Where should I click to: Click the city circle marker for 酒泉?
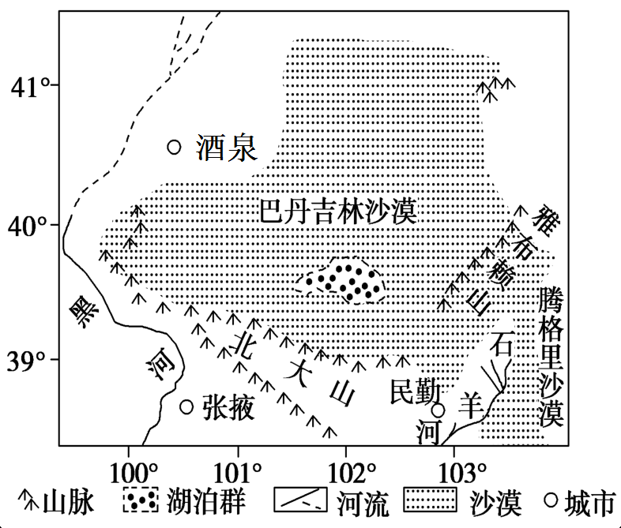[x=175, y=147]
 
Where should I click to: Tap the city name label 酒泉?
[x=227, y=148]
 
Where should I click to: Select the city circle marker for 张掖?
[x=186, y=406]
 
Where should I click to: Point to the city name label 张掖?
[x=228, y=407]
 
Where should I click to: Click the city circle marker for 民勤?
[x=438, y=410]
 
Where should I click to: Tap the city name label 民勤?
[x=415, y=391]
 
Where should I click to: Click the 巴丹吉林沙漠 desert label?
[x=338, y=211]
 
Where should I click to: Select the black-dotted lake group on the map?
[x=341, y=281]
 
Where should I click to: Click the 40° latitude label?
[x=28, y=227]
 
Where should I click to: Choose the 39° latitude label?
[x=28, y=361]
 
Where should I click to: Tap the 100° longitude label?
[x=134, y=473]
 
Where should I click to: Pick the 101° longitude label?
[x=238, y=473]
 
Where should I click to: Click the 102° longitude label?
[x=352, y=473]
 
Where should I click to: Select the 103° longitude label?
[x=462, y=473]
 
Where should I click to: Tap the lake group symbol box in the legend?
[x=141, y=500]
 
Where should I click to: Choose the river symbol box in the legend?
[x=300, y=500]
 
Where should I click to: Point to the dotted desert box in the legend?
[x=430, y=499]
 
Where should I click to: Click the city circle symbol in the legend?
[x=551, y=500]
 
